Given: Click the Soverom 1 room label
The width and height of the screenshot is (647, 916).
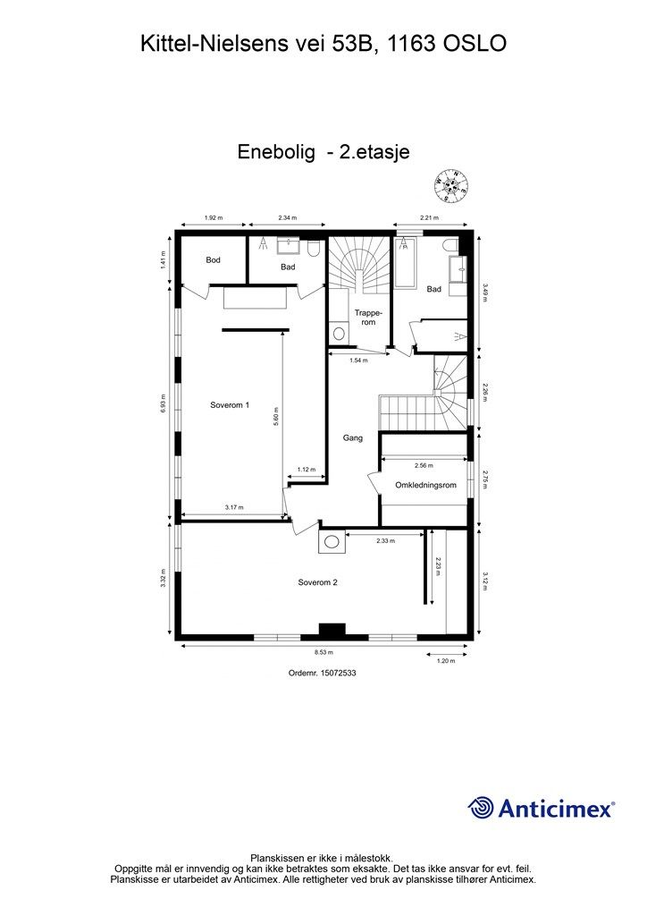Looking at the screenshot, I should click(x=230, y=404).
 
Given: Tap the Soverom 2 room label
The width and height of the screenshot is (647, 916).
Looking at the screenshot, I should click(x=317, y=582).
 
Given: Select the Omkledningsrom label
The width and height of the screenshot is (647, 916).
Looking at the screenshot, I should click(x=426, y=485).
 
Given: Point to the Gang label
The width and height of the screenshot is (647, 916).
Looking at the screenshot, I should click(x=353, y=438).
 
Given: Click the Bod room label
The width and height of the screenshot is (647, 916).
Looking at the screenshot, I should click(x=213, y=260).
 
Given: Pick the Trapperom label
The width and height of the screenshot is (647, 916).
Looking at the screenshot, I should click(x=369, y=317).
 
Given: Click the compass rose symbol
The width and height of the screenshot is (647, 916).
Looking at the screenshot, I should click(x=452, y=184).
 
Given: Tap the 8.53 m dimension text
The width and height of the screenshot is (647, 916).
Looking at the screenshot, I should click(x=323, y=654).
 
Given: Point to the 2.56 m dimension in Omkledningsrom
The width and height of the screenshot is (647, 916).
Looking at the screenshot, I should click(x=424, y=465).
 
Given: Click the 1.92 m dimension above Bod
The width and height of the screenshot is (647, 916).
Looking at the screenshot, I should click(x=213, y=217).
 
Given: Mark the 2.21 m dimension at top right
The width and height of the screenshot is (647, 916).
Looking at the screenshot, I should click(x=431, y=217).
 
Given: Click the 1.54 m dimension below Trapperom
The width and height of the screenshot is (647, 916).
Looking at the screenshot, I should click(x=358, y=360).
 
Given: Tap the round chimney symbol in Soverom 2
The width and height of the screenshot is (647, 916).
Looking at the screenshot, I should click(x=332, y=541).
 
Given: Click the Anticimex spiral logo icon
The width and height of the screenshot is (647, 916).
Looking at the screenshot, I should click(x=482, y=808).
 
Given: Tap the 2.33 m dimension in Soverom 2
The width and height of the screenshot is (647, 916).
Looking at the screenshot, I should click(x=385, y=540).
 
